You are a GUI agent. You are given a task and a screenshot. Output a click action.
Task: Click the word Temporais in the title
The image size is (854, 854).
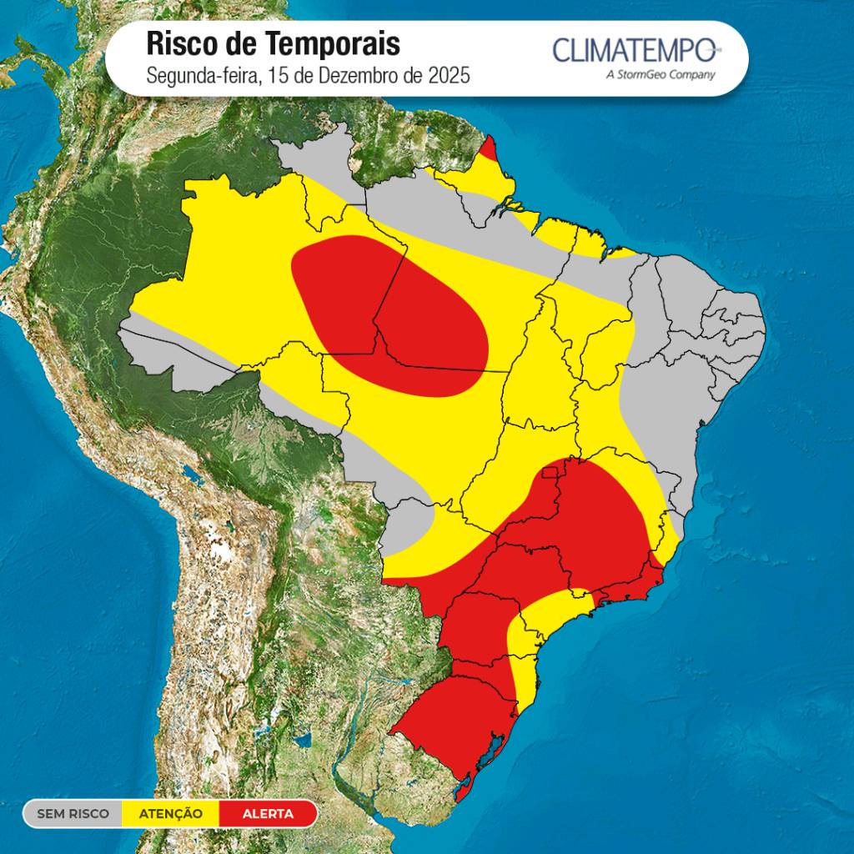[333, 43]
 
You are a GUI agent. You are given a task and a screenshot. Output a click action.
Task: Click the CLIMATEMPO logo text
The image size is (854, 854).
[635, 49]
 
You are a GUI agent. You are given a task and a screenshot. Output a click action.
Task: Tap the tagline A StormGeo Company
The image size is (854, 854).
[660, 75]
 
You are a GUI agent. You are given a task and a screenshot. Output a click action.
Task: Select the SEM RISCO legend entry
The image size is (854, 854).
[73, 814]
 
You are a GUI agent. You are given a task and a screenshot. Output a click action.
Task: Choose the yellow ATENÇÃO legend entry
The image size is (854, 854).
[170, 814]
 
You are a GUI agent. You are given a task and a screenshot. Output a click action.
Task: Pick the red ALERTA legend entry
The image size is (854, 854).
[268, 814]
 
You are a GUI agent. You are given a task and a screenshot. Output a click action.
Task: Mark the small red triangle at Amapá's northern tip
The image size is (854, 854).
[489, 150]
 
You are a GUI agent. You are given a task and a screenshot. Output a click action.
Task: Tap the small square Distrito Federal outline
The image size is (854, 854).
[551, 474]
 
